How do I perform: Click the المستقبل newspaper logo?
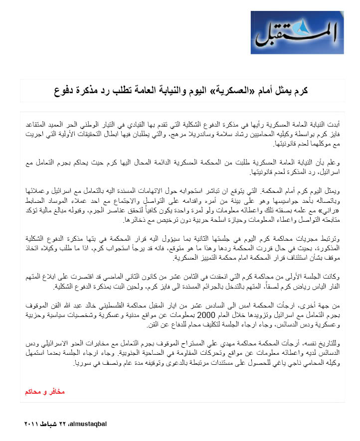coord(297,32)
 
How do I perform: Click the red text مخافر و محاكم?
coord(45,392)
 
